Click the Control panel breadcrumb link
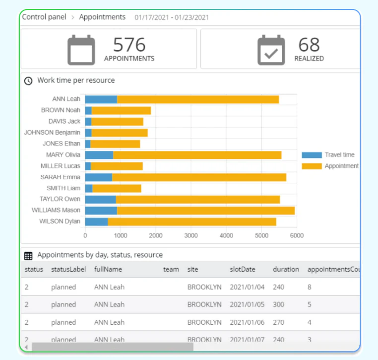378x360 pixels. pos(44,17)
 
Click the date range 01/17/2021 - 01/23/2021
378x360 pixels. pos(172,17)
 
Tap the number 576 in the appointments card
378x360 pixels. pos(129,45)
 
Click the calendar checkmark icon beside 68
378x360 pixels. pos(271,50)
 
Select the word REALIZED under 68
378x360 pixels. pos(309,59)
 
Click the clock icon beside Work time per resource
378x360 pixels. pos(29,80)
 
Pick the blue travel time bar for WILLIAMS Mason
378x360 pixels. pos(101,211)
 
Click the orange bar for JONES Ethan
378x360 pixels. pos(115,144)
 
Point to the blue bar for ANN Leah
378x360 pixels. pos(101,99)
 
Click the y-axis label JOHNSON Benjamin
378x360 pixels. pos(52,133)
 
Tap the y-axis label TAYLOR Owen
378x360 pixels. pos(60,199)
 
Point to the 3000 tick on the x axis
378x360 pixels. pos(191,236)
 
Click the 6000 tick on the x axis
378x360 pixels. pos(297,236)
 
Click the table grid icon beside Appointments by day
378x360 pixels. pos(28,255)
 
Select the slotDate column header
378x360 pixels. pos(243,270)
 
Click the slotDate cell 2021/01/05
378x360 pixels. pos(248,304)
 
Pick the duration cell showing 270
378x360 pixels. pos(278,322)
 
